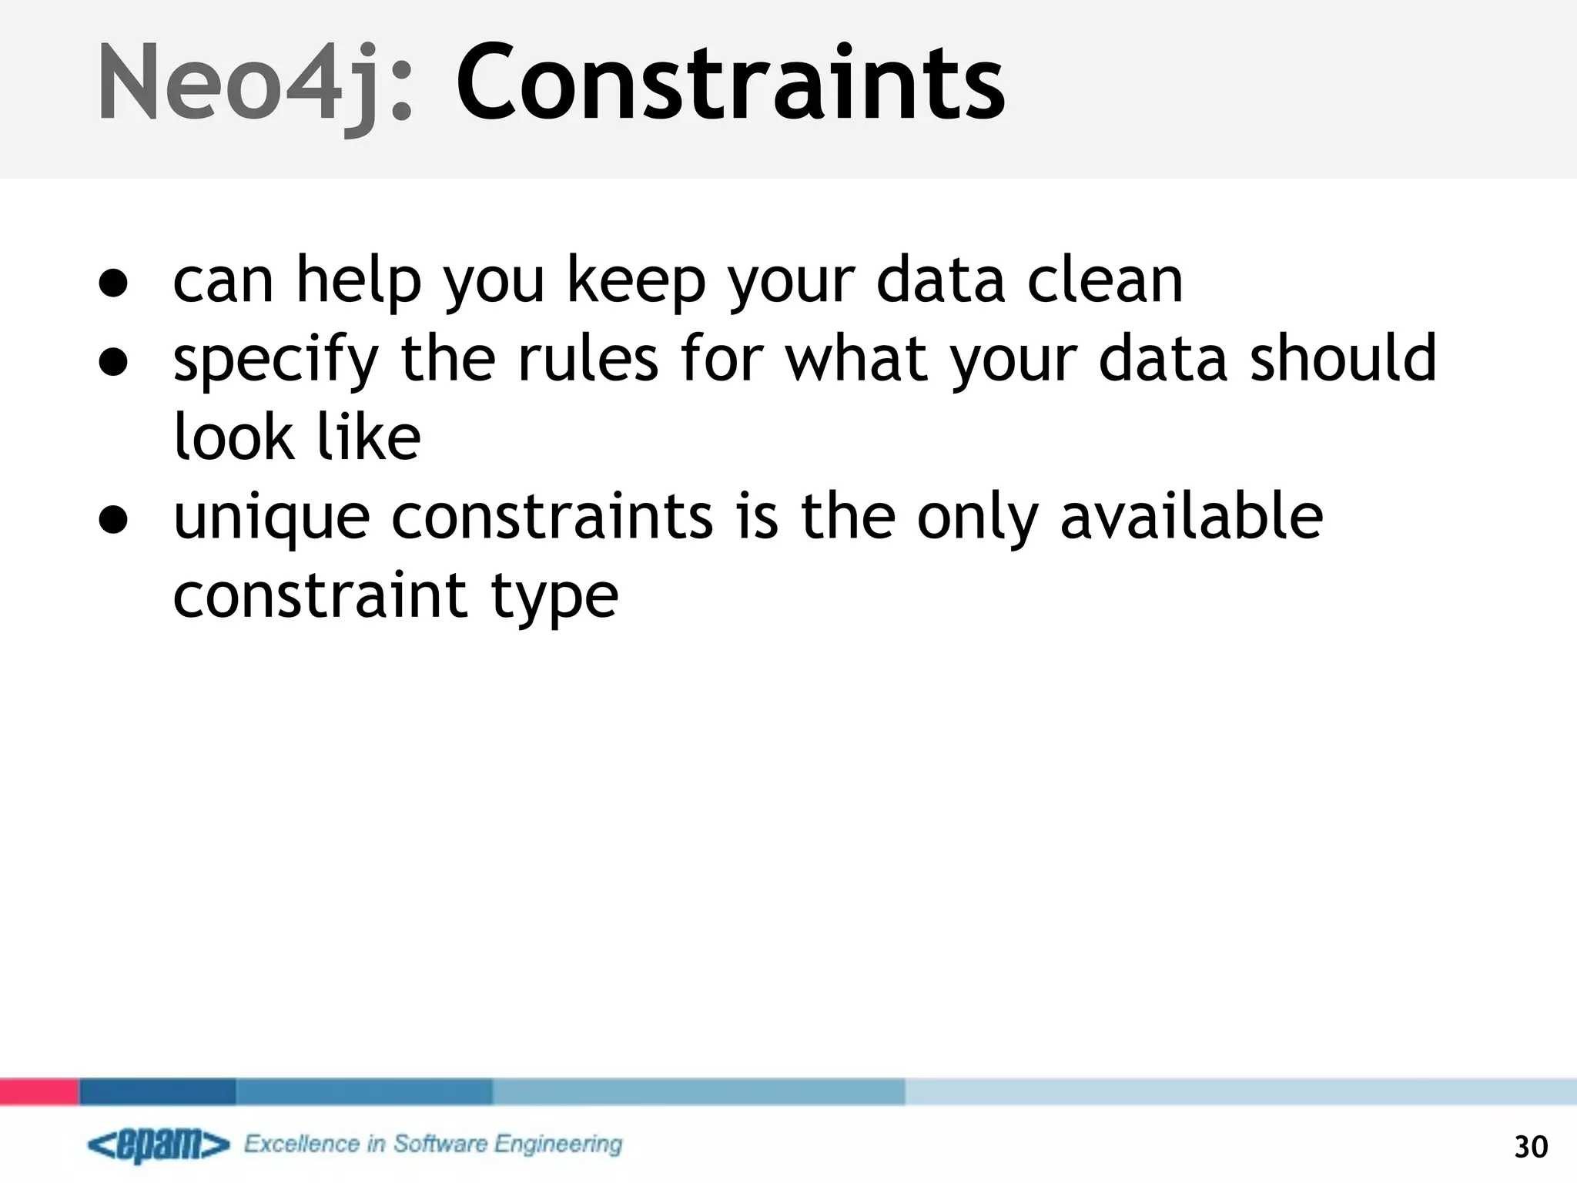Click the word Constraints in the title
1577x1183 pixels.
[729, 83]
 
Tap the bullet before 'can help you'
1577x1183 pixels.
[113, 283]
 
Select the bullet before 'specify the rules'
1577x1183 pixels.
[113, 362]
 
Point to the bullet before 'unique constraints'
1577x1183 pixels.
[113, 520]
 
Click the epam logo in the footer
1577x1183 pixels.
[159, 1145]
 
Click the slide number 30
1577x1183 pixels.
[1530, 1147]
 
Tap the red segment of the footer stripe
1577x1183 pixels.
[39, 1091]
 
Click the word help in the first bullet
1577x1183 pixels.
[359, 282]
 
